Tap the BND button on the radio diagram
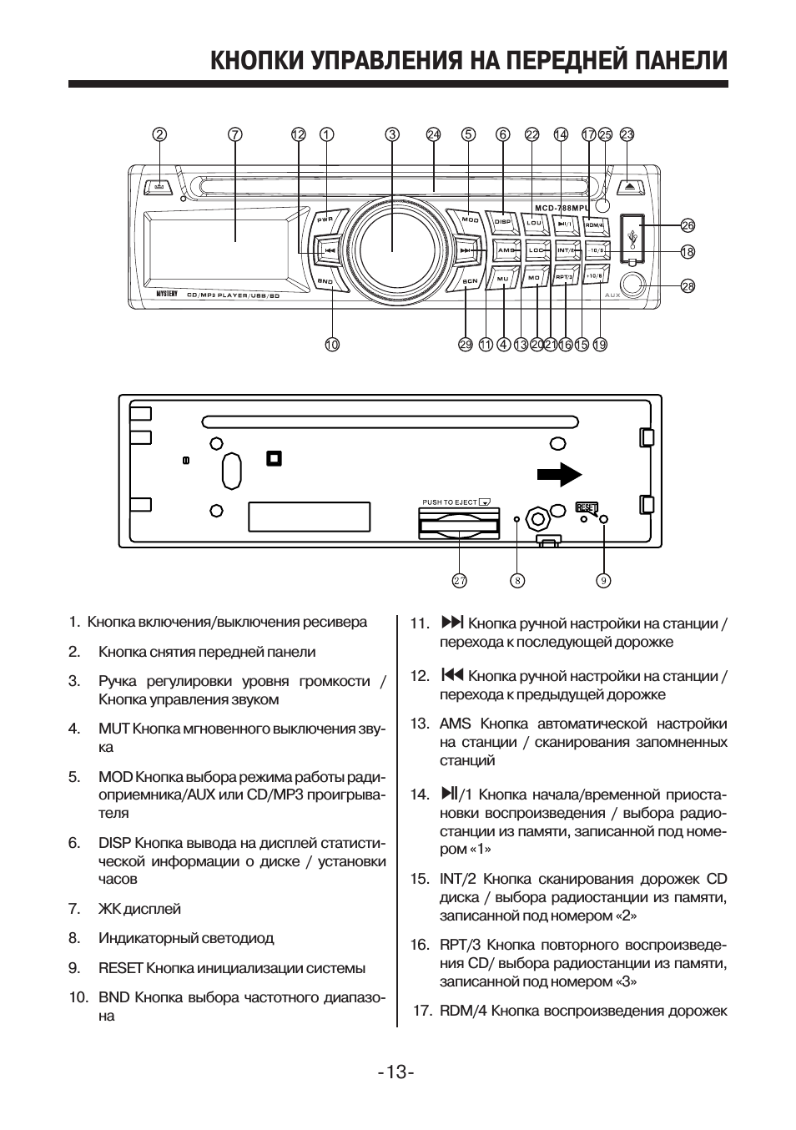(x=326, y=282)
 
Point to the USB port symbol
(x=633, y=238)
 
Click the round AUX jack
(x=632, y=285)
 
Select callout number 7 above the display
(x=235, y=134)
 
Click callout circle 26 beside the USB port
(x=688, y=225)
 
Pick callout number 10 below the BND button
(x=332, y=344)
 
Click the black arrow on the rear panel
(x=558, y=474)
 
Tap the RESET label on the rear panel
(x=587, y=507)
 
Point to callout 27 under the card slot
(x=460, y=581)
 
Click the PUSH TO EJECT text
(x=450, y=502)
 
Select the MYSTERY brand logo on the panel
(x=167, y=295)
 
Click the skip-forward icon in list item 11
(x=451, y=623)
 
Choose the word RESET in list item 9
(x=121, y=968)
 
